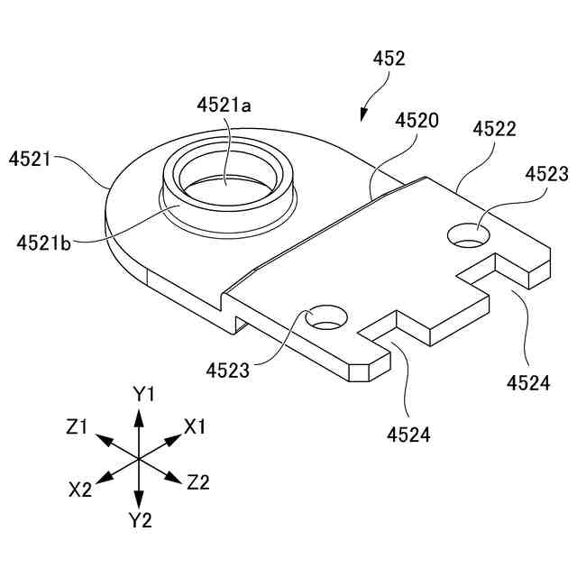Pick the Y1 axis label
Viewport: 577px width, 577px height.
[x=144, y=394]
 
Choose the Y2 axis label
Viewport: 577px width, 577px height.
[x=140, y=519]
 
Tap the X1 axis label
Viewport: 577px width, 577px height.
[x=195, y=426]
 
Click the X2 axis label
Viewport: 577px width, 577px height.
[x=80, y=490]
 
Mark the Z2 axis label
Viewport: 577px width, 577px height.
[x=198, y=482]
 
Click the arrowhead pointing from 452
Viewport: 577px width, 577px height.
[x=363, y=114]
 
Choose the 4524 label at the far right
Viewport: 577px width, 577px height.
[x=527, y=382]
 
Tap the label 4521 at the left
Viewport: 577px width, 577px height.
[x=30, y=160]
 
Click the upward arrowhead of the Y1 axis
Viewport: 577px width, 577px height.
[x=138, y=416]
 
